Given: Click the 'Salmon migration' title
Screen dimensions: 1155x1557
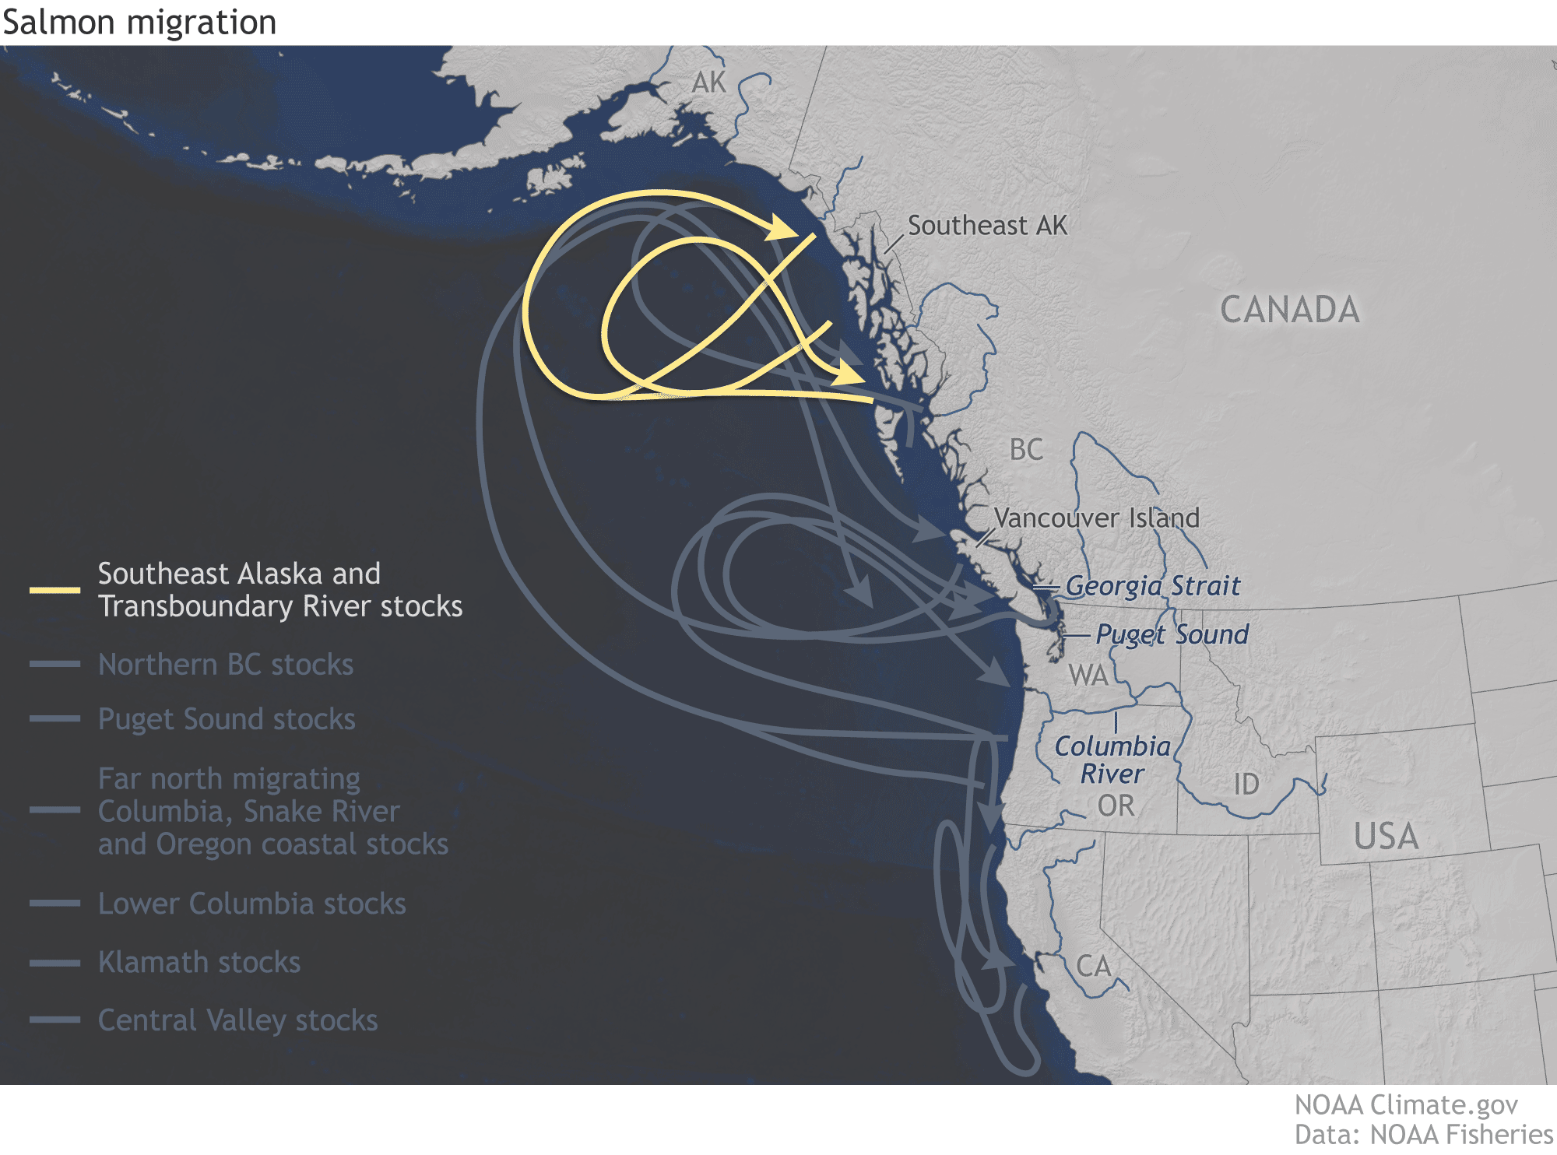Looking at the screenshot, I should point(139,22).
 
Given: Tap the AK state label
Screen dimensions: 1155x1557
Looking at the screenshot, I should point(708,82).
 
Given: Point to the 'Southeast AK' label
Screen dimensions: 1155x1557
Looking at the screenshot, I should point(987,226).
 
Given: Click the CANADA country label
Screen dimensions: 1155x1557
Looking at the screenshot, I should point(1289,310).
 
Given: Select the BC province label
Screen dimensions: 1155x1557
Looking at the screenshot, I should point(1025,450).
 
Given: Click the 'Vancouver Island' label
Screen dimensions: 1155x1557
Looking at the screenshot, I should point(1096,518).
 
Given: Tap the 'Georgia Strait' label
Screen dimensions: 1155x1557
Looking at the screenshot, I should point(1152,586).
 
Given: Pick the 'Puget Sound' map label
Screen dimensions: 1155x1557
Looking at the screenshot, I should point(1172,634).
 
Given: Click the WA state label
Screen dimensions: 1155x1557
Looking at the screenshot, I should point(1088,675).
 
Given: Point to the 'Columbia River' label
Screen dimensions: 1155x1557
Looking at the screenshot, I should point(1112,760).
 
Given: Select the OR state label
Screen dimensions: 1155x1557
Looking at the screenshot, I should point(1116,806).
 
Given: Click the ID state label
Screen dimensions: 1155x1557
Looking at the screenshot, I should point(1246,785).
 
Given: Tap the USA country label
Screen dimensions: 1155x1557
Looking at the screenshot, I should point(1386,837).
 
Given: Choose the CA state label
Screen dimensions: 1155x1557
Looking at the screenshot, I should point(1093,967).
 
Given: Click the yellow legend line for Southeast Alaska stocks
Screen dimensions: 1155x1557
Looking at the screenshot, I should point(54,590).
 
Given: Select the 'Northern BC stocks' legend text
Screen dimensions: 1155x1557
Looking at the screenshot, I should point(226,665).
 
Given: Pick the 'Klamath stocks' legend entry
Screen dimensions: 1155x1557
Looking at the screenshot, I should point(199,963).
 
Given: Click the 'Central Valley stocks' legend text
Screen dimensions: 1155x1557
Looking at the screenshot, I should point(237,1020).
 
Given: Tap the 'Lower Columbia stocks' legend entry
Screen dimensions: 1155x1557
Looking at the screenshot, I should point(251,904).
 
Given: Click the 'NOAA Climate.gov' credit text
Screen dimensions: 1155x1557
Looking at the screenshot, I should point(1406,1105).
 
